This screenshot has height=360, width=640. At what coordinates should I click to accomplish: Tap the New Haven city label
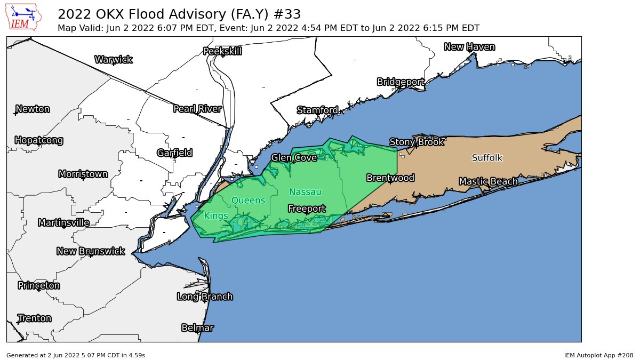(x=469, y=47)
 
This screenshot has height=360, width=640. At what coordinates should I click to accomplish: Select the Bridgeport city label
(x=401, y=82)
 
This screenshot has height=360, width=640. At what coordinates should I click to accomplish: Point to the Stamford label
(x=317, y=110)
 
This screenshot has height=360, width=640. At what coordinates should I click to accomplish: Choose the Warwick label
(x=113, y=60)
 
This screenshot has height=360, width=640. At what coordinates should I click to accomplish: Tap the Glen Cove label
(x=294, y=158)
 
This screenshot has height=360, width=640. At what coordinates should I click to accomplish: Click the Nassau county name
(x=305, y=192)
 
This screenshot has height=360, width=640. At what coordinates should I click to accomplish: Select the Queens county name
(x=248, y=201)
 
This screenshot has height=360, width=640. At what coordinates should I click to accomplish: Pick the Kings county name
(x=216, y=216)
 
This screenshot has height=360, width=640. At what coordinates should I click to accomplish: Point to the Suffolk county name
(x=487, y=158)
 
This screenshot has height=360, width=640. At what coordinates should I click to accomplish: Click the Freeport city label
(x=307, y=209)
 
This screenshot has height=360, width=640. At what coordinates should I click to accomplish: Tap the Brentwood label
(x=390, y=178)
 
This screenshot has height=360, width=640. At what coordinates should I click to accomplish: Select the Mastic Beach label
(x=488, y=182)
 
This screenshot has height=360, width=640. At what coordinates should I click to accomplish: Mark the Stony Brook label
(x=417, y=142)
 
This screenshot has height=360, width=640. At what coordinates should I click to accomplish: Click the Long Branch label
(x=205, y=297)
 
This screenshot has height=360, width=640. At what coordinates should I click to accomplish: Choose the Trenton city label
(x=35, y=318)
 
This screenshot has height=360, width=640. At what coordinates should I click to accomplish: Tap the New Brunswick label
(x=91, y=251)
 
